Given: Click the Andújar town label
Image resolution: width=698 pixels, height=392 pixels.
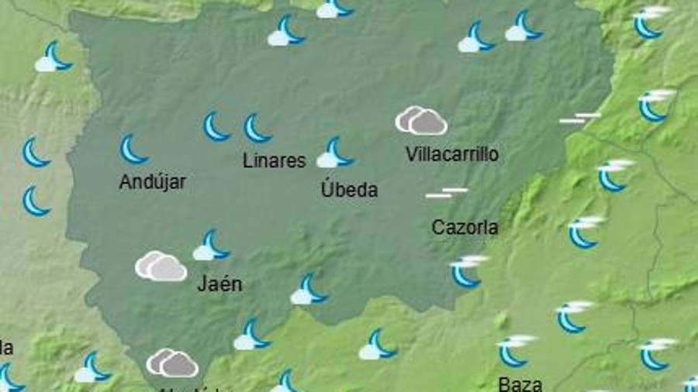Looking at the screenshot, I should [x=153, y=182].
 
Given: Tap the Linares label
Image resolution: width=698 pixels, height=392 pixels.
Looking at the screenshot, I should [x=274, y=161].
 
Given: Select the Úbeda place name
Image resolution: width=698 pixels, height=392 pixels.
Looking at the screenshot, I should [x=349, y=190].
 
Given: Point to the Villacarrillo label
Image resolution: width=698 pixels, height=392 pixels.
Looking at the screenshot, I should [x=452, y=154].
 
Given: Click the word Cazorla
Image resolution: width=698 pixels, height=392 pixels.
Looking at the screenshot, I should [x=465, y=228].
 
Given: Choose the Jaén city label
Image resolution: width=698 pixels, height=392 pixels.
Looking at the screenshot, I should [x=219, y=284].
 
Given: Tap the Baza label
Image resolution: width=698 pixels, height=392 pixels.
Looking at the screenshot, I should [x=520, y=383].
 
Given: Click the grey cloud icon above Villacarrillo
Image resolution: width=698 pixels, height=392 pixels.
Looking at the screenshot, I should [x=421, y=121].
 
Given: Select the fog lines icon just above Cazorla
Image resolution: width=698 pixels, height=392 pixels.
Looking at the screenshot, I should [x=446, y=192].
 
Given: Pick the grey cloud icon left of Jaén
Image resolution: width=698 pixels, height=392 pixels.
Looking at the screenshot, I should [x=161, y=266].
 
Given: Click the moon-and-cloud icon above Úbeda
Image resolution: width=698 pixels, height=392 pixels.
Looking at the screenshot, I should [x=335, y=153].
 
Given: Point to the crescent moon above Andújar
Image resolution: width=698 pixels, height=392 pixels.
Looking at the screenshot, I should [x=133, y=149].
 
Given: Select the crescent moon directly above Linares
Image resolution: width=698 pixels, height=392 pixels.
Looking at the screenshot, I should [x=257, y=129].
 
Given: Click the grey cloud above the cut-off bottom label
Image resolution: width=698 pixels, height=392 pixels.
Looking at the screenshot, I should [x=172, y=363].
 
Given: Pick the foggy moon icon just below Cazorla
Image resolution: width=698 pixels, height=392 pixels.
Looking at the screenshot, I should [x=468, y=270].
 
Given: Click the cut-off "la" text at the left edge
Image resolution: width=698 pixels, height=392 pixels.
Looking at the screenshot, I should [x=6, y=346].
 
